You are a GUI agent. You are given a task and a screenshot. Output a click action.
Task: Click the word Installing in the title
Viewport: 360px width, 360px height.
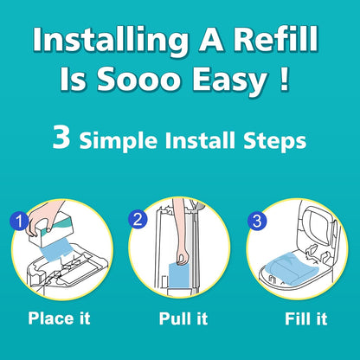110,40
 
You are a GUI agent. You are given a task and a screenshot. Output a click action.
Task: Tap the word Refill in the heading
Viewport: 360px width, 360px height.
276,39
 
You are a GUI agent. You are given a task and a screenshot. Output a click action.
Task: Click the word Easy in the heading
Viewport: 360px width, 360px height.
230,80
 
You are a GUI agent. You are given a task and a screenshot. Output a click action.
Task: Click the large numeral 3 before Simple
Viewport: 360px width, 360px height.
61,137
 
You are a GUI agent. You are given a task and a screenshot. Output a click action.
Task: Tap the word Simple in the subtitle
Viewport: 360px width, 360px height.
119,141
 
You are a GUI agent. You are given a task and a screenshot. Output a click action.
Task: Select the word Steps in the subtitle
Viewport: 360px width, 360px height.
274,141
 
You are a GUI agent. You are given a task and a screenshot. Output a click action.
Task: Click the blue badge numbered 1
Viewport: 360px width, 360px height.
19,221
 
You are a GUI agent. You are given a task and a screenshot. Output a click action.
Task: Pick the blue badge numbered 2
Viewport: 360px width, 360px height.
138,219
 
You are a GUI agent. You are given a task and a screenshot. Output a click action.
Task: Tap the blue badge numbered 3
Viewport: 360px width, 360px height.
257,221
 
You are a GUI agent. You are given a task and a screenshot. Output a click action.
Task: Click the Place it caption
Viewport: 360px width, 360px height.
59,318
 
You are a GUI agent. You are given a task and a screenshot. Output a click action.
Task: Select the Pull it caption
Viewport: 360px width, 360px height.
183,318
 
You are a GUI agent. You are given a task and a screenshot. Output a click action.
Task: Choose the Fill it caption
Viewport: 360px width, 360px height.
306,318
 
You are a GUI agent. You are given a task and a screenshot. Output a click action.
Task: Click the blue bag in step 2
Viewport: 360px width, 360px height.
178,275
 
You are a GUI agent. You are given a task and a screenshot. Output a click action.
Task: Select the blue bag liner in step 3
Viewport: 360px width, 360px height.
289,269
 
